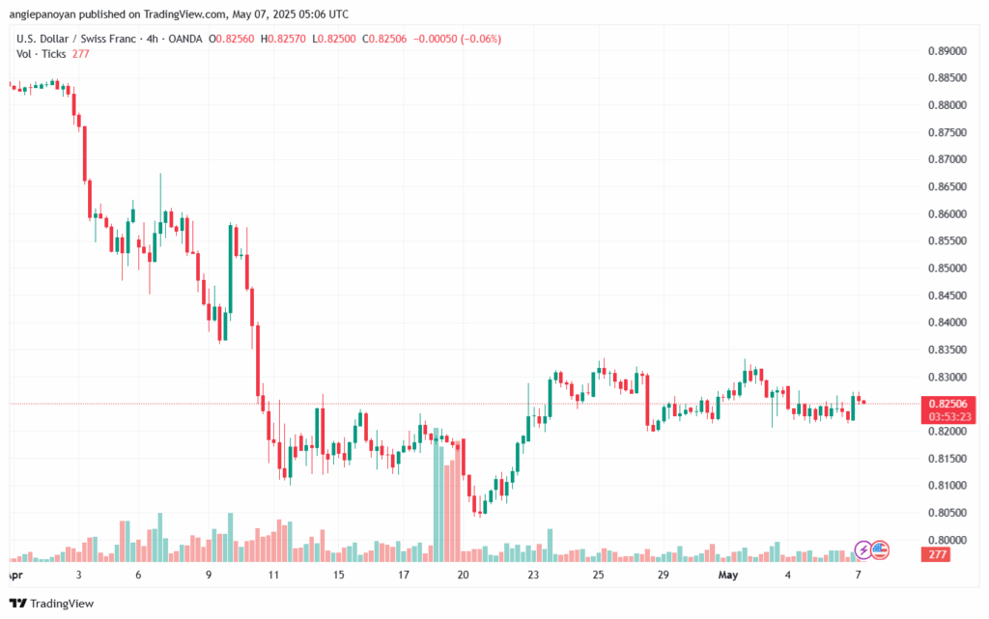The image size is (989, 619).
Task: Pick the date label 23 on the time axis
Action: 533,575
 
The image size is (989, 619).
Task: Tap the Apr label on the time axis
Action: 14,575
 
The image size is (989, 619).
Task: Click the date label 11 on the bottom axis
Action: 273,575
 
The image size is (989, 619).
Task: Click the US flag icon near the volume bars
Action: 879,550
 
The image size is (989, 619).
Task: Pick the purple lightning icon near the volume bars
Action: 864,550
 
